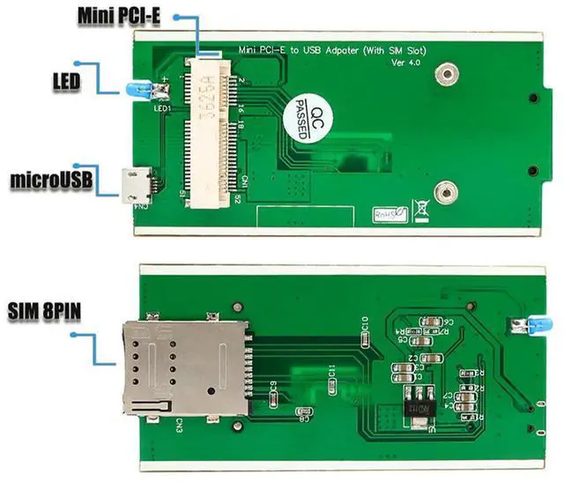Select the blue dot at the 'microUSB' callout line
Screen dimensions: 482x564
[x=77, y=164]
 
